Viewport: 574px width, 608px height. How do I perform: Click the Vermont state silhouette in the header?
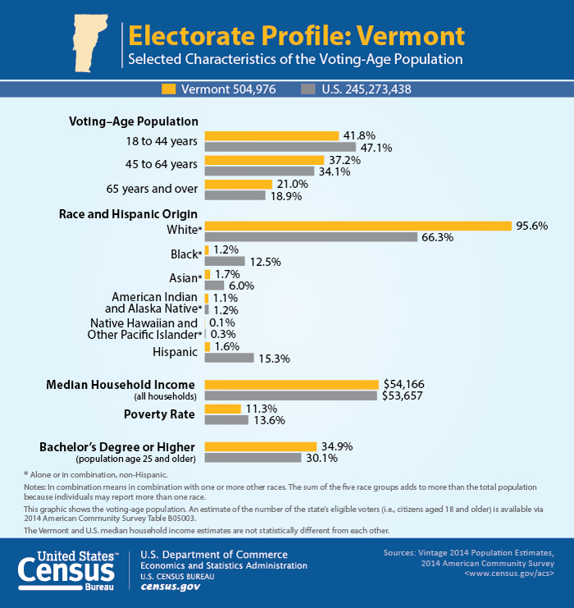click(x=89, y=43)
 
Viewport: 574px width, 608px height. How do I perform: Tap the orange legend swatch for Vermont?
click(x=169, y=89)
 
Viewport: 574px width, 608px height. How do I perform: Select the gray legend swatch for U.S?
click(x=308, y=89)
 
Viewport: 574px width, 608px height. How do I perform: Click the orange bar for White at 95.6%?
click(x=358, y=226)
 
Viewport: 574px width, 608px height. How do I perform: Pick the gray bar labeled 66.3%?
click(x=311, y=237)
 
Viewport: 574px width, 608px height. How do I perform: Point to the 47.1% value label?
click(x=376, y=148)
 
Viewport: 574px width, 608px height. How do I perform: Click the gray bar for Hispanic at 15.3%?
click(x=229, y=358)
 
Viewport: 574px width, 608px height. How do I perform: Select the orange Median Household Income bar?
click(x=291, y=385)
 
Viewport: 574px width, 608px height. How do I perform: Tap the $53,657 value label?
click(x=403, y=396)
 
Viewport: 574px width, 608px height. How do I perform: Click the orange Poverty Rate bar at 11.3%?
click(x=223, y=409)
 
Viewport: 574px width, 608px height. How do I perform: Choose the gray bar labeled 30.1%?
click(x=253, y=458)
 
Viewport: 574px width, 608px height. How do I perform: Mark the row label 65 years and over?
click(x=152, y=189)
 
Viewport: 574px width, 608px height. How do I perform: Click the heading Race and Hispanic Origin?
click(x=128, y=214)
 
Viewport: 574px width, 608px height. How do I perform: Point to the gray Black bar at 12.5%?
click(x=225, y=261)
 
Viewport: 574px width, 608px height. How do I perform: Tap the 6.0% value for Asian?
click(x=241, y=286)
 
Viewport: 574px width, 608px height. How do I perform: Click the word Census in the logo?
click(x=66, y=571)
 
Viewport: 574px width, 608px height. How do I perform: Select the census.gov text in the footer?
click(x=170, y=587)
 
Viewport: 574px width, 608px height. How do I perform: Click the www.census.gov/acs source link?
click(x=509, y=573)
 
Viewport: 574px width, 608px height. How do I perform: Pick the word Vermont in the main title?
click(x=411, y=35)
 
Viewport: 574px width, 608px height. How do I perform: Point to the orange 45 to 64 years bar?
click(x=264, y=160)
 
